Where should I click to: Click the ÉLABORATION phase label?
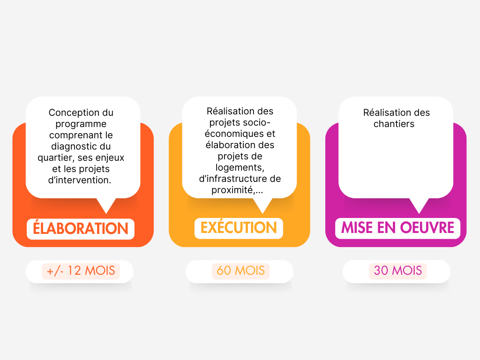pos(81,229)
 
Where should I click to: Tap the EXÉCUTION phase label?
pos(239,228)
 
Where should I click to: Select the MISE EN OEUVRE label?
pos(397,228)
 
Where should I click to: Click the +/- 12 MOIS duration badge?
pos(81,271)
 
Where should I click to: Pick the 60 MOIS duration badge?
pos(240,271)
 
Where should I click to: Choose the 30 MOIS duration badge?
pos(398,271)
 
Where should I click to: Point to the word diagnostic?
pos(72,146)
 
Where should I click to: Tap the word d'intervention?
pos(80,180)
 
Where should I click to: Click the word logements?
pos(240,167)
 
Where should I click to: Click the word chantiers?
pos(394,124)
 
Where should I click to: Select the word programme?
pos(81,124)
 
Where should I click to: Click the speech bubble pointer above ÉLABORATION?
pos(106,205)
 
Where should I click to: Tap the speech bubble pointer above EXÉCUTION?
pos(262,205)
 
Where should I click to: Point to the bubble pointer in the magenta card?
pos(419,205)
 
